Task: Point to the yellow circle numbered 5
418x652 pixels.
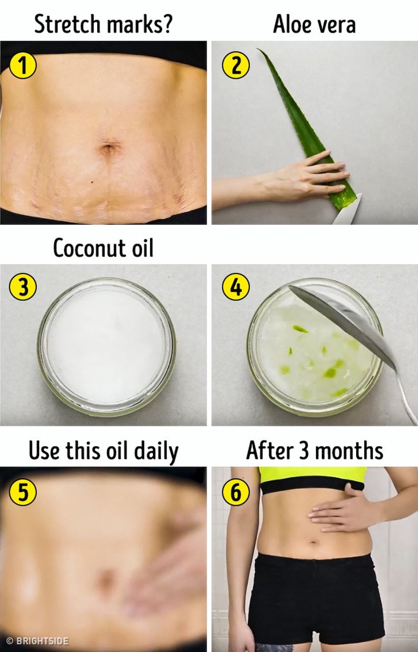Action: tap(23, 491)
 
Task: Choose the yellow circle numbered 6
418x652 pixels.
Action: tap(236, 491)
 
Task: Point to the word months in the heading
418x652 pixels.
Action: tap(349, 451)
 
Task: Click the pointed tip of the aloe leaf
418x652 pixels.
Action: tap(258, 49)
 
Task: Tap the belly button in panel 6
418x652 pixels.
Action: tap(313, 542)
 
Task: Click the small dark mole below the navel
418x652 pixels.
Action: tap(92, 182)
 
